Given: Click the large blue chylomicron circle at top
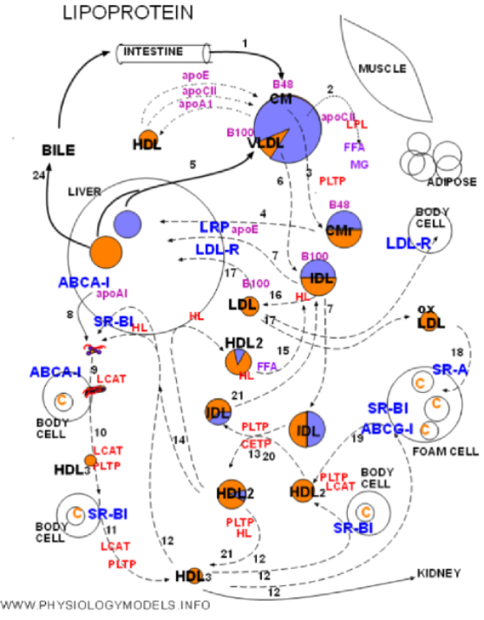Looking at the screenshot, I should coord(295,121).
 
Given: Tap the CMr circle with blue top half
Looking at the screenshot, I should coord(343,230).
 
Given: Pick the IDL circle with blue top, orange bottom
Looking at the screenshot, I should coord(318,277).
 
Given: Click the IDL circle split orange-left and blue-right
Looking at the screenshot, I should coord(307,430).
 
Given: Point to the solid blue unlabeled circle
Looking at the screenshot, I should coord(128,225).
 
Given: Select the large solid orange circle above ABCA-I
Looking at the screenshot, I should coord(106,252).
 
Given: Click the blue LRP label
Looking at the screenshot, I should coord(213,228).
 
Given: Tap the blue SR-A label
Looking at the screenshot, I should coord(449,369).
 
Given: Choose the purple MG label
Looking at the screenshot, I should coord(359,165).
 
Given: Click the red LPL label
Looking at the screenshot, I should coord(356,125).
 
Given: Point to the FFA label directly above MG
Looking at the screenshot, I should coord(354,147).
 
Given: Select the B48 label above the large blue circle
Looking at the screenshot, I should coord(283,84).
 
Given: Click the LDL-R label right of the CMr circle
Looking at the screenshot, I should coord(408,244).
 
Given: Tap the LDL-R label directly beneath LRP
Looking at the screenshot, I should coord(218,250).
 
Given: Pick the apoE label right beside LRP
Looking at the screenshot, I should coord(245,230).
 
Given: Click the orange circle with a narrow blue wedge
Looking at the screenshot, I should coord(238,362).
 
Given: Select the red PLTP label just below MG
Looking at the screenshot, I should coord(331,181).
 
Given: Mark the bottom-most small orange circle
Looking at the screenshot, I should coord(195,575).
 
